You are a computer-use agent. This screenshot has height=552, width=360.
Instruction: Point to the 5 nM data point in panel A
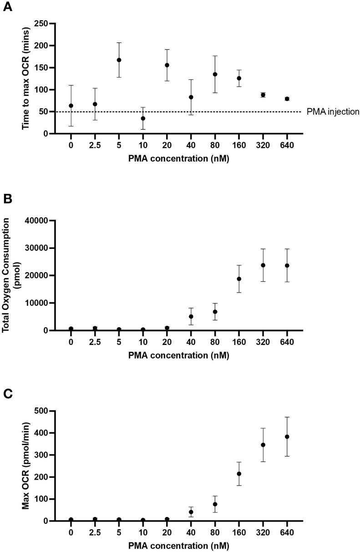point(119,60)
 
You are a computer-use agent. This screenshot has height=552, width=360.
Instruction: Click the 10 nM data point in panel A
point(143,118)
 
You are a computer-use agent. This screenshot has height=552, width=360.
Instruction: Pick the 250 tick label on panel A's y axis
point(42,24)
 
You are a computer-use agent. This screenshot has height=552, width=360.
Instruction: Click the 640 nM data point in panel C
point(287,437)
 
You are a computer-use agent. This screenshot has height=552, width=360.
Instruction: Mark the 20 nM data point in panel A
point(167,65)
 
